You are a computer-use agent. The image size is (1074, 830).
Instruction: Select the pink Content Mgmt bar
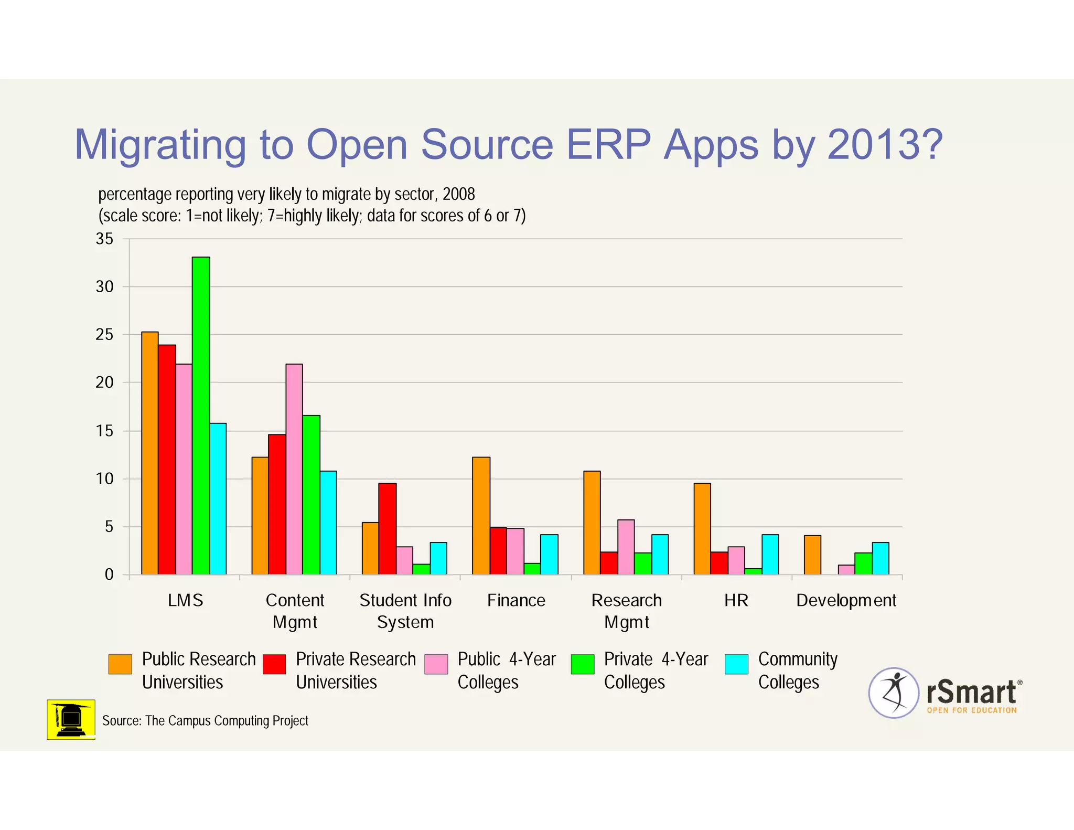point(294,469)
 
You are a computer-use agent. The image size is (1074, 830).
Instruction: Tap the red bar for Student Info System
point(388,528)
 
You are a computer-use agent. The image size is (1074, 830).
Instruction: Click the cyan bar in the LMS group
point(218,498)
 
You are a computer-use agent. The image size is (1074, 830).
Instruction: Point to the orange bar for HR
point(702,528)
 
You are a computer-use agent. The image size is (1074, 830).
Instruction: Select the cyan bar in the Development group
point(880,558)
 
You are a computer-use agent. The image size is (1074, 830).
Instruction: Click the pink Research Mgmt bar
point(626,547)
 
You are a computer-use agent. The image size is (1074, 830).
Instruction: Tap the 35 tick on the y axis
point(104,239)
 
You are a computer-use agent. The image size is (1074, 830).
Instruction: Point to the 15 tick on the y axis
point(104,431)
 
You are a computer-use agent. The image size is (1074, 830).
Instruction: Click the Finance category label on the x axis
point(516,600)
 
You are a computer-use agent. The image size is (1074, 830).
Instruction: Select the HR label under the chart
point(736,600)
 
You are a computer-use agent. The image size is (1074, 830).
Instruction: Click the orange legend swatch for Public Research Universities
point(120,664)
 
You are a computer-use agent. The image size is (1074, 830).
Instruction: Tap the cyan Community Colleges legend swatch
point(736,664)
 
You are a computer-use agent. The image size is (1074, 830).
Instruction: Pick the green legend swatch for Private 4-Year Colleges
point(583,664)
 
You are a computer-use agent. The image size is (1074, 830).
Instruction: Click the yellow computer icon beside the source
point(71,719)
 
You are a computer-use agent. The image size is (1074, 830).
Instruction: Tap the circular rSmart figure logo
point(894,693)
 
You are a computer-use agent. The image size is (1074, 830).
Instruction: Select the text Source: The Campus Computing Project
point(205,721)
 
